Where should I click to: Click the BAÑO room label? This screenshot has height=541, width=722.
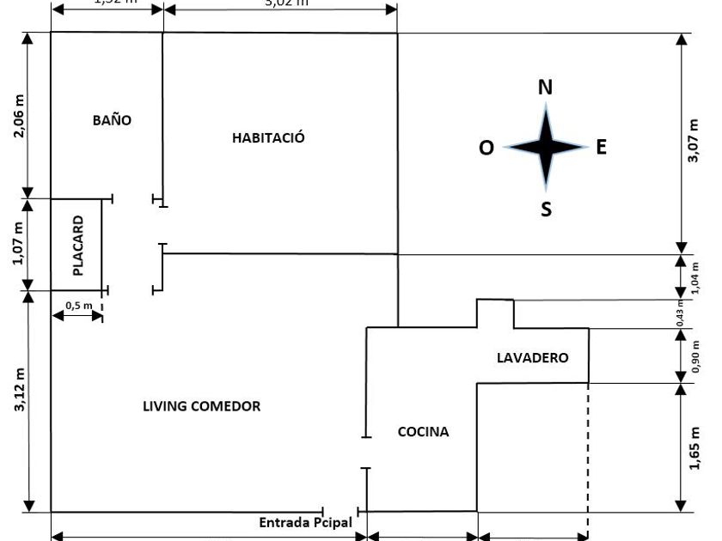click(113, 120)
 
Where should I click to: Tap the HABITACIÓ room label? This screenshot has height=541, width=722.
click(269, 137)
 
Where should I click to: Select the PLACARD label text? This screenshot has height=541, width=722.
click(78, 246)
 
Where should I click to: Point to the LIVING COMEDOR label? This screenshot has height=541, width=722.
click(201, 406)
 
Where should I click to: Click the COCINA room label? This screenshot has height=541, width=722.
click(423, 432)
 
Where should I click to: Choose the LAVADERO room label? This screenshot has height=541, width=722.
click(533, 357)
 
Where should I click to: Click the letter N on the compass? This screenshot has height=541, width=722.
click(545, 88)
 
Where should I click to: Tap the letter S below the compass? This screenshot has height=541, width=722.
click(546, 209)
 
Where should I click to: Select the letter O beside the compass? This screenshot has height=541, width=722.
click(486, 149)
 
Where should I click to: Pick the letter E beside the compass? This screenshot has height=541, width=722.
click(602, 148)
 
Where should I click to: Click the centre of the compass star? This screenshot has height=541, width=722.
click(545, 147)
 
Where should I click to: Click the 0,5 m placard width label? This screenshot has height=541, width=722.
click(78, 305)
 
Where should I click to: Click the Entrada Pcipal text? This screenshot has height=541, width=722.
click(305, 522)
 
